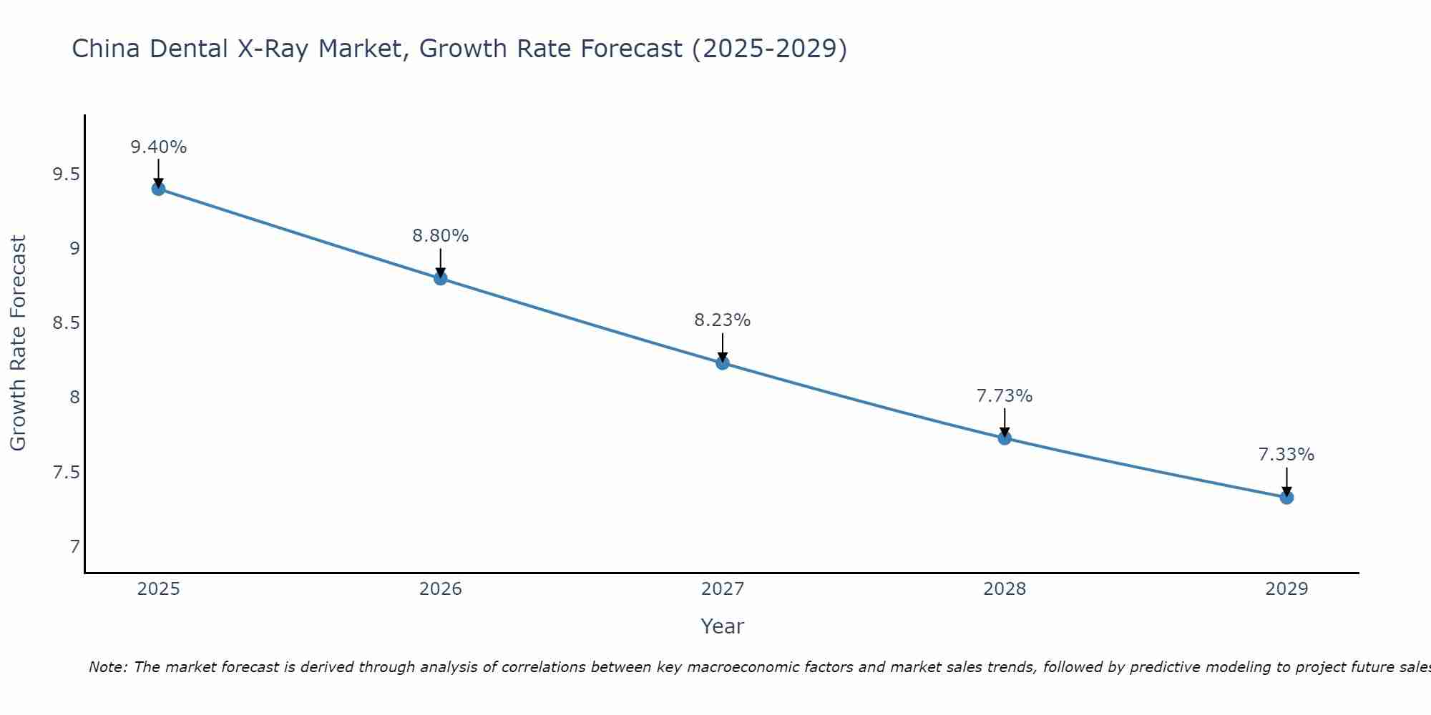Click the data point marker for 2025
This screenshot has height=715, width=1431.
158,189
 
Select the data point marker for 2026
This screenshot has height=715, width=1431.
441,278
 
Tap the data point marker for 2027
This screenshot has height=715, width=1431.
723,363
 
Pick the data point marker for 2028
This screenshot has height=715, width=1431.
1005,438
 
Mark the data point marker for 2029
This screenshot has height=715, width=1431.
1286,497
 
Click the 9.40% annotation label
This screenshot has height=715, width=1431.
158,147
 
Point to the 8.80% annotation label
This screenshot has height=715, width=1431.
441,236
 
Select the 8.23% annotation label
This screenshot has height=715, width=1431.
723,320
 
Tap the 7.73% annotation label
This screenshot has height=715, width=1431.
1005,396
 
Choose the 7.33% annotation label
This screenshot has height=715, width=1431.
1286,455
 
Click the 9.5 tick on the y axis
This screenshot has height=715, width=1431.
66,174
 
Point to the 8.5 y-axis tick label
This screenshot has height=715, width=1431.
66,323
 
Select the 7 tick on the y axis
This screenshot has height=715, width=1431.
74,547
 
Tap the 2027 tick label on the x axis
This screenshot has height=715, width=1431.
723,589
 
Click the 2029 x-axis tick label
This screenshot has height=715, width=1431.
1286,589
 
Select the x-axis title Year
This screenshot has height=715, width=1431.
723,626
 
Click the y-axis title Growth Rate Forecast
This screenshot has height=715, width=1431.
18,343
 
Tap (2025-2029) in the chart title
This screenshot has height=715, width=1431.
770,49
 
